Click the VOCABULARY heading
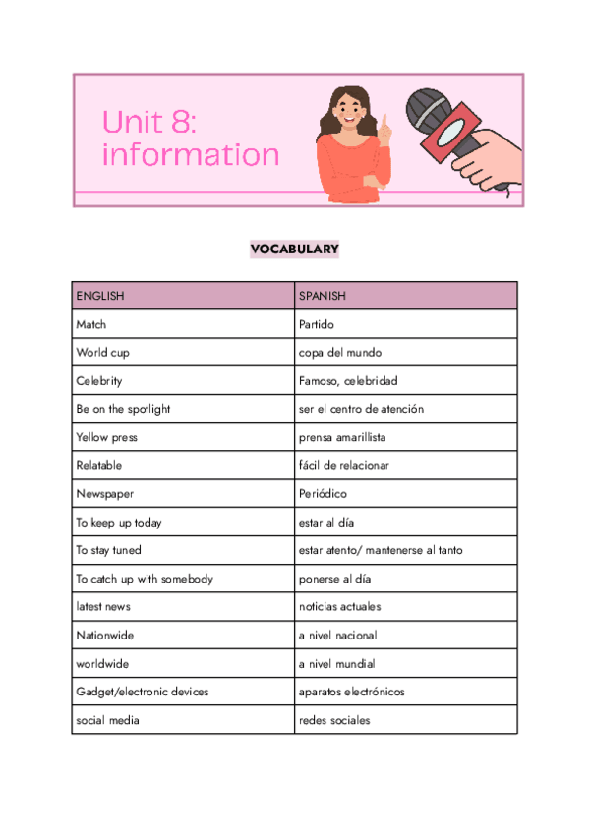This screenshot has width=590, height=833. coord(294,250)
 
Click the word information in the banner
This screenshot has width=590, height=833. coord(191,155)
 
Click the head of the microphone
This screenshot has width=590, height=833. coord(430,107)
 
